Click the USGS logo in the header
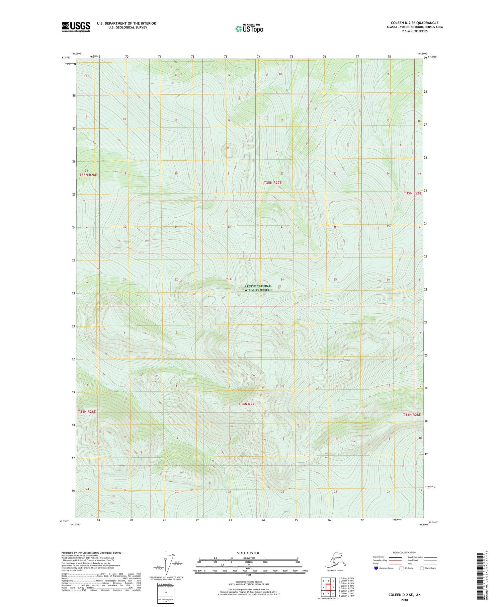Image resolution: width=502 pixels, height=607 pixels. (76, 27)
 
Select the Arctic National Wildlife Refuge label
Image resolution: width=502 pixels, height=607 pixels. (258, 288)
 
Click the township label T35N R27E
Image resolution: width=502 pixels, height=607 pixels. (272, 183)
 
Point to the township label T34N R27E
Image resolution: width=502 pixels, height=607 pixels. (247, 404)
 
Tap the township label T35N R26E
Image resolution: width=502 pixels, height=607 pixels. (88, 175)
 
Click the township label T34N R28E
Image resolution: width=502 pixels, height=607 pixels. (412, 415)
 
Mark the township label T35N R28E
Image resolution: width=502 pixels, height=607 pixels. (413, 193)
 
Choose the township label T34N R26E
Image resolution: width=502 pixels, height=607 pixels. (87, 411)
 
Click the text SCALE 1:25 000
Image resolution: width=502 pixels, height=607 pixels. (248, 553)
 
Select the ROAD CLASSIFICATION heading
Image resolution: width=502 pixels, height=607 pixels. (405, 552)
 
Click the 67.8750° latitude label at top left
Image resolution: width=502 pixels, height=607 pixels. (66, 58)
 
